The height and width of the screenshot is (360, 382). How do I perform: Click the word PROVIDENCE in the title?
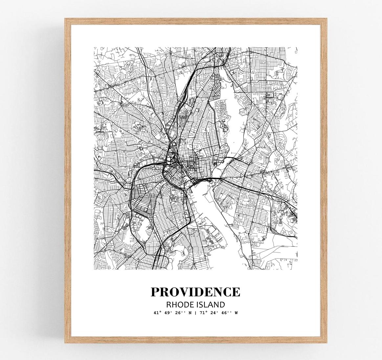(195, 292)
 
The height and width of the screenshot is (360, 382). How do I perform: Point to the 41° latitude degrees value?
(157, 313)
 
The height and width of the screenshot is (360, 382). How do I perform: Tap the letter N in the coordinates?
(190, 313)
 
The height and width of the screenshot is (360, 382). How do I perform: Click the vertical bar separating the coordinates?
(196, 313)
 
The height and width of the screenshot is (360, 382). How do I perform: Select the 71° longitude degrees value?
(203, 313)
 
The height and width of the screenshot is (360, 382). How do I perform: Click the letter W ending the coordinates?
(236, 313)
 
